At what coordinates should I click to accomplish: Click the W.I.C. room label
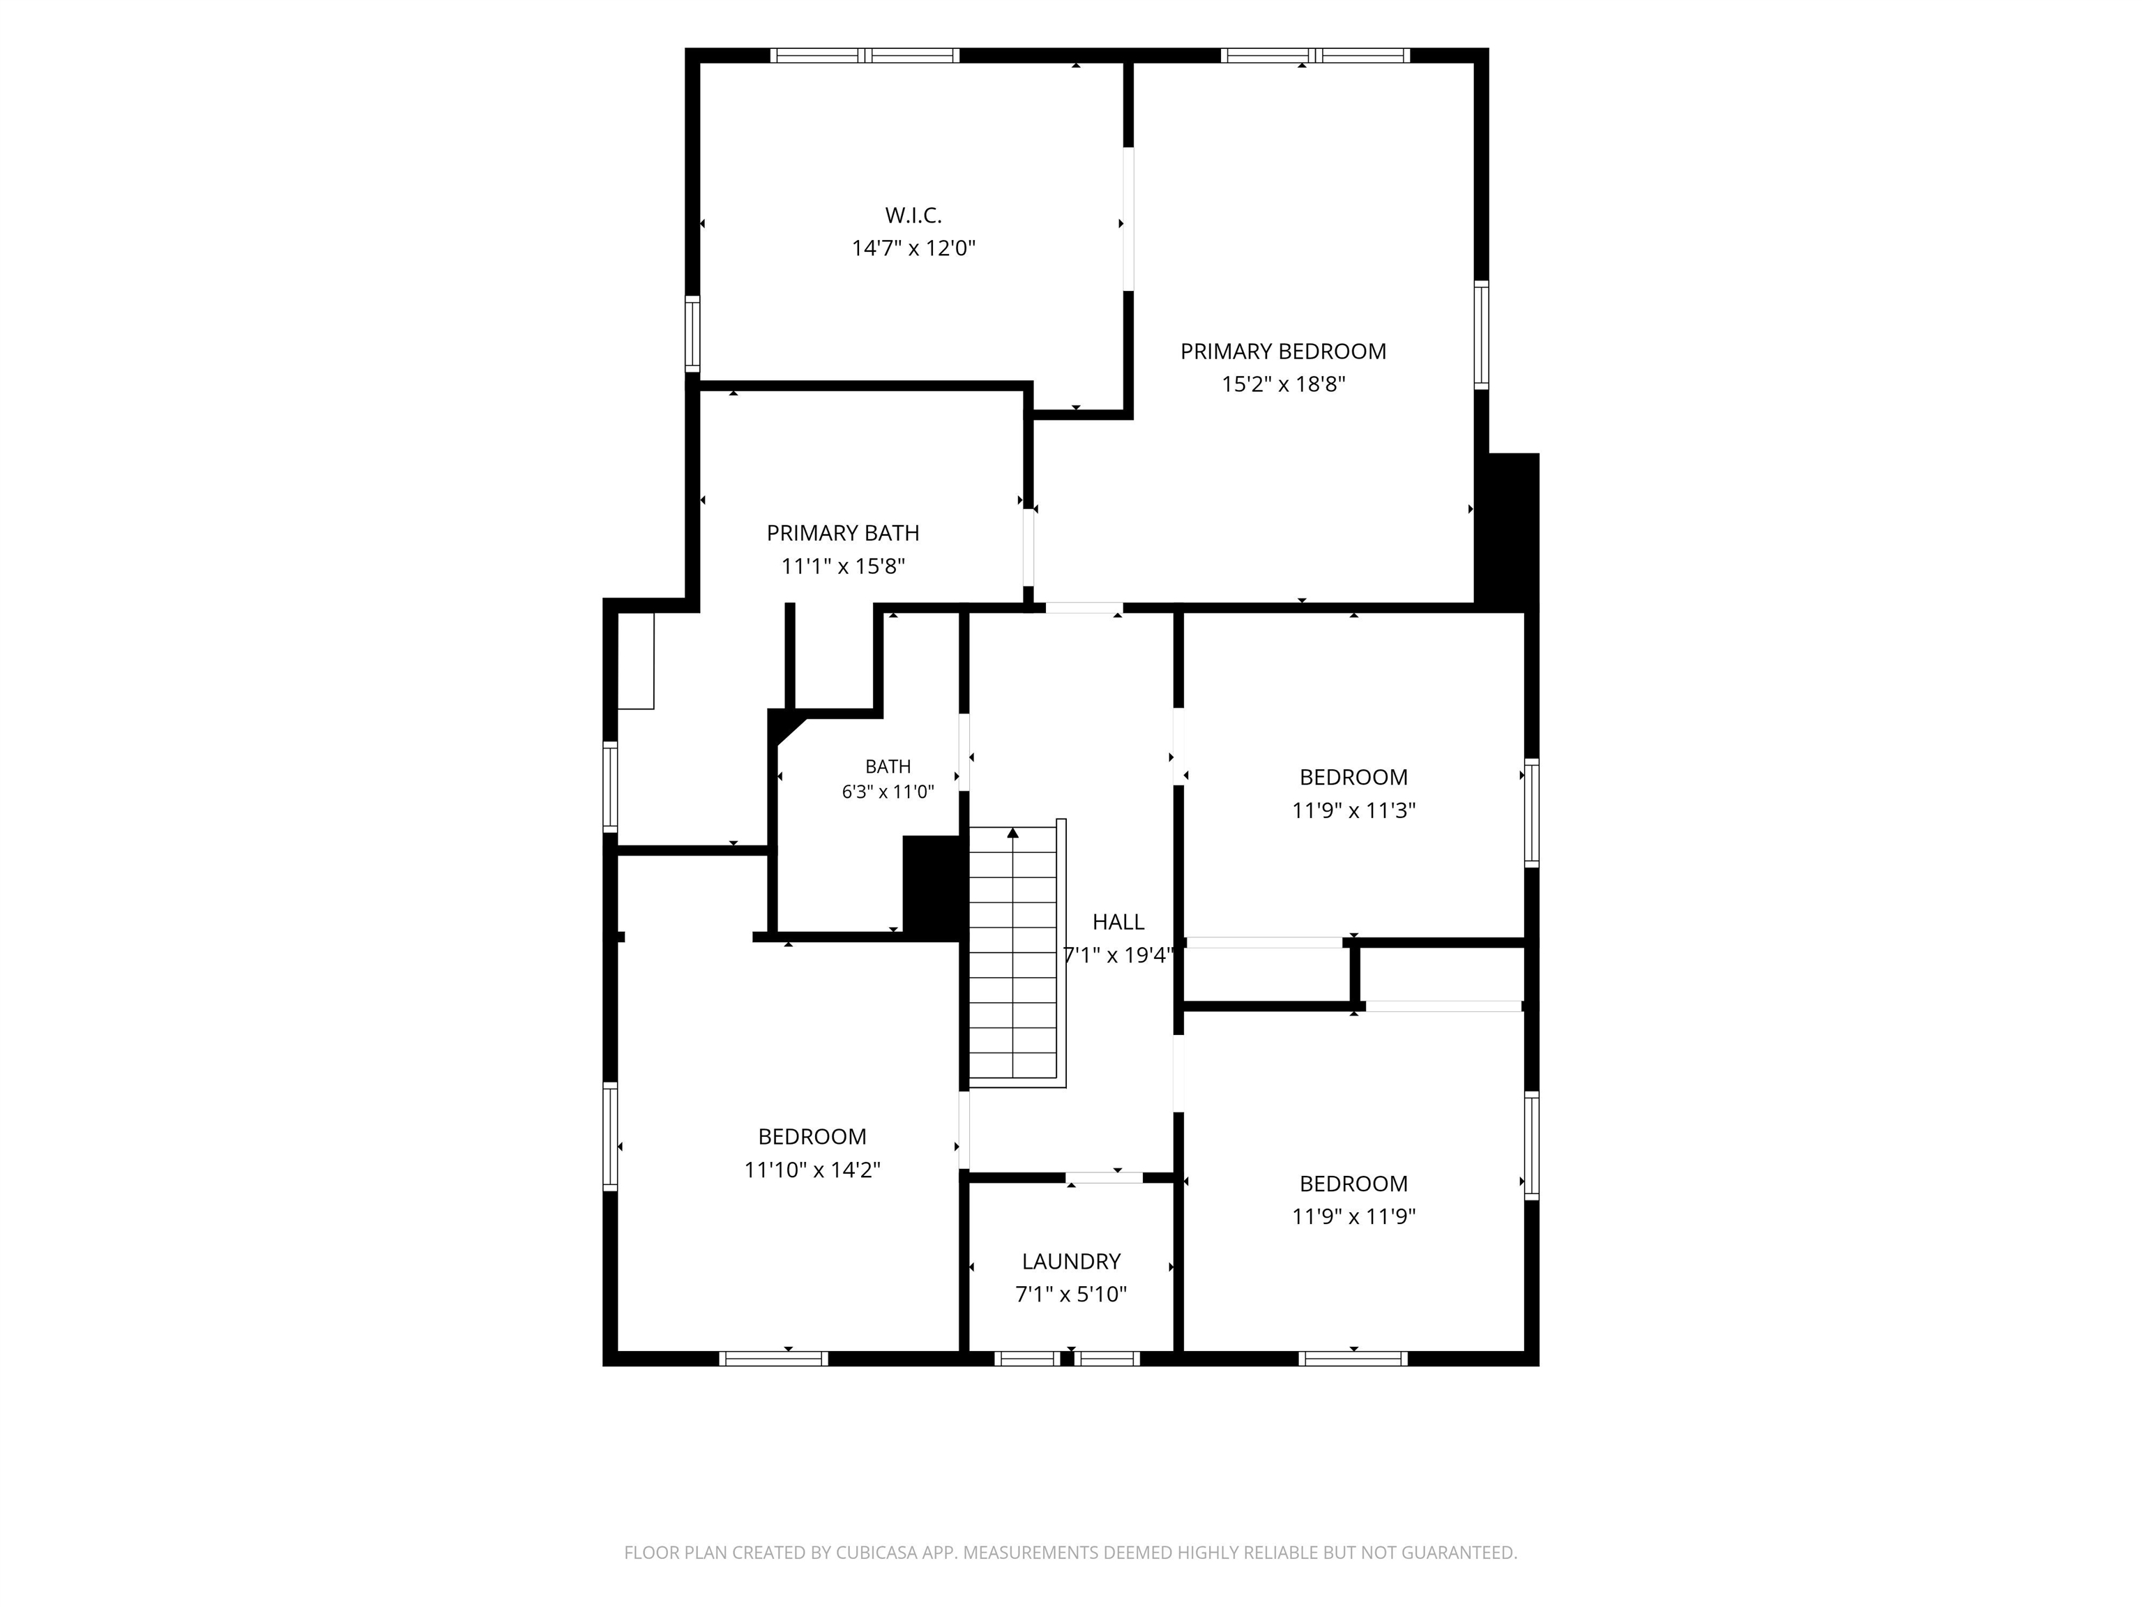tap(913, 215)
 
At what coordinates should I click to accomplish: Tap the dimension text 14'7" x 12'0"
tap(913, 248)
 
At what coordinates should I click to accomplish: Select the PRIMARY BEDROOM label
tap(1283, 352)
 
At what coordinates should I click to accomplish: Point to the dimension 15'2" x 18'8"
tap(1283, 384)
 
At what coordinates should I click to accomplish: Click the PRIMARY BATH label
tap(842, 533)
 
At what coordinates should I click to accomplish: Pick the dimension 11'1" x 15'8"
tap(842, 566)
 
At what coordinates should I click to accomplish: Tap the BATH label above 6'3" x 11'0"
tap(888, 767)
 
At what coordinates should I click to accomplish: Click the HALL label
tap(1118, 922)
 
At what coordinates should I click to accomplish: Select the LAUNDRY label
tap(1071, 1261)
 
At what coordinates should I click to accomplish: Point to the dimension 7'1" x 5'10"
tap(1071, 1294)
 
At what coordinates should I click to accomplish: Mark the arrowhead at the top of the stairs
tap(1013, 832)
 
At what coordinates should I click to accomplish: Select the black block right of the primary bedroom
tap(1507, 530)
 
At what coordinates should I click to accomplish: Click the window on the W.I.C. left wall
tap(692, 333)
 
